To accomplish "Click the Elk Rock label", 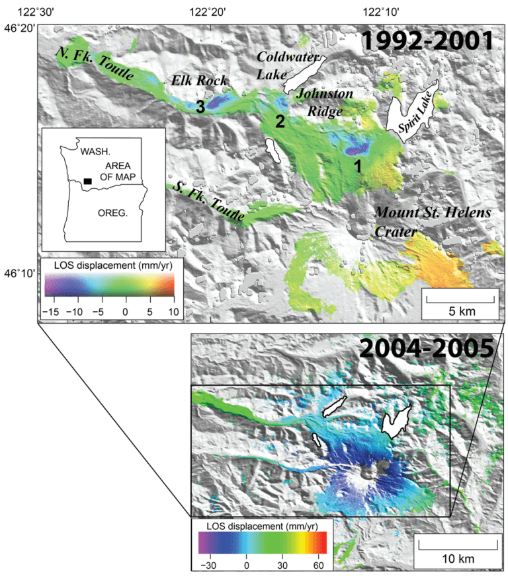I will [199, 81].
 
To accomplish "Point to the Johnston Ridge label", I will [324, 102].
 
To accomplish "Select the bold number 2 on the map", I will [280, 121].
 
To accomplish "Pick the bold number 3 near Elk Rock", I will [198, 108].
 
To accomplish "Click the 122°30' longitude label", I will [38, 11].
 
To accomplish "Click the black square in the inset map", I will [87, 180].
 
